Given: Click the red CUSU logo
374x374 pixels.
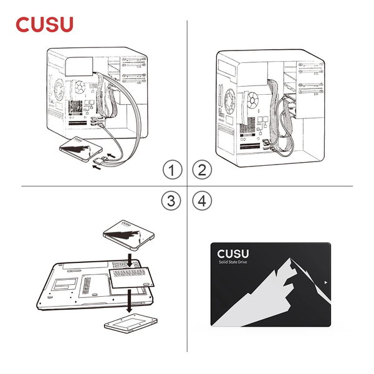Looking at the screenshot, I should coord(44,24).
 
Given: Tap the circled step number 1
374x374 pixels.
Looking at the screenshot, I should coord(172,169).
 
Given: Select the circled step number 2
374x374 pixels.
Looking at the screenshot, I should coord(202,169).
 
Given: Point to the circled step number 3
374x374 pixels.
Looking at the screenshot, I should coord(172,201).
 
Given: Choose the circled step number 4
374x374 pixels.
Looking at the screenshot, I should coord(202,201).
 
